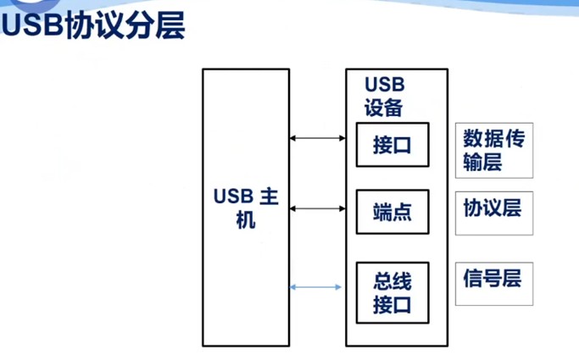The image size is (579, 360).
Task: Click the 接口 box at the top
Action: (392, 145)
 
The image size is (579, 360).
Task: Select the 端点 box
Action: (392, 212)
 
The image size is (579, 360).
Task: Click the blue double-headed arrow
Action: (315, 287)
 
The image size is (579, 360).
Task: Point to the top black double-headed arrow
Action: (315, 137)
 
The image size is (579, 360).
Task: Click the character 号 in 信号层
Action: (493, 278)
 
